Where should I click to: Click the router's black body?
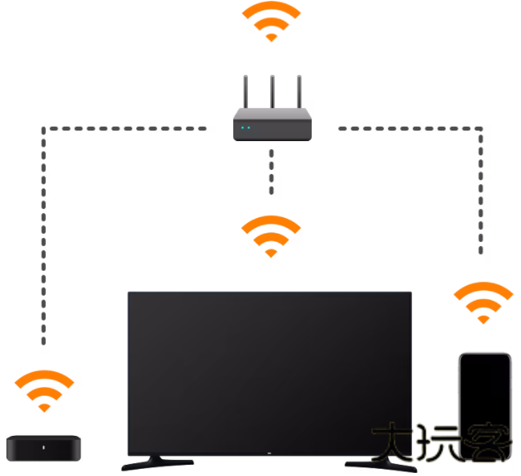click(x=273, y=128)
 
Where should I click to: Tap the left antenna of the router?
click(x=245, y=95)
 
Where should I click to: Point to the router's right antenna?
click(x=300, y=95)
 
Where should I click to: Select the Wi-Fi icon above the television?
click(x=271, y=235)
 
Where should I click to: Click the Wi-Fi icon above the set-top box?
click(x=45, y=389)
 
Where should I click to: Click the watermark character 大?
click(x=393, y=442)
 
